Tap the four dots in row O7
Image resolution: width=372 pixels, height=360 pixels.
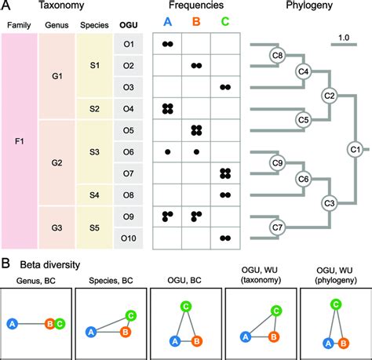coord(225,173)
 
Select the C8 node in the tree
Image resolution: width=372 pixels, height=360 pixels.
coord(277,55)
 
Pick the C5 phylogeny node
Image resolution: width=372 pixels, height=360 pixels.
coord(283,120)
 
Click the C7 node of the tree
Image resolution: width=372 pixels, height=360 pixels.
coord(277,228)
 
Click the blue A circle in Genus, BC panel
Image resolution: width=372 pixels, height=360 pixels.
coord(13,322)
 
